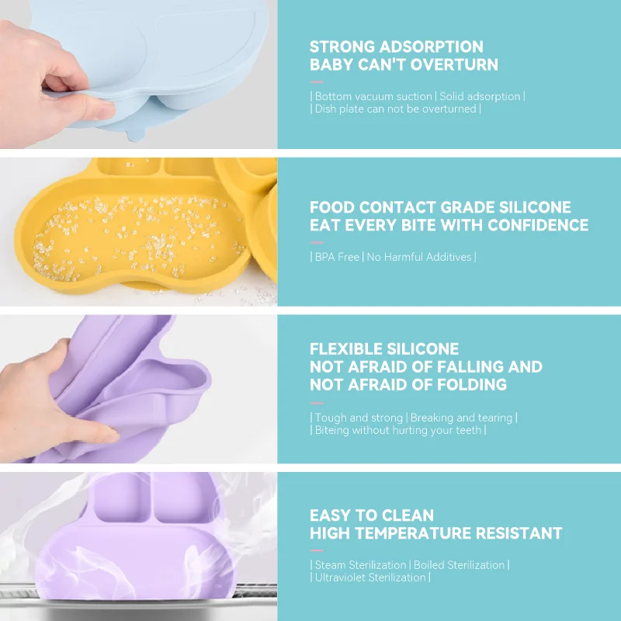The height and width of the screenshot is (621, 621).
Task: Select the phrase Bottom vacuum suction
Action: tap(373, 96)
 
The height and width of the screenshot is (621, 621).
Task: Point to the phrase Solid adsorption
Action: tap(480, 96)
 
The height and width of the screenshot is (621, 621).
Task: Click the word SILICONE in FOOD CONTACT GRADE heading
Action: tap(533, 207)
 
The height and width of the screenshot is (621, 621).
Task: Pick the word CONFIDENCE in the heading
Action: tap(538, 226)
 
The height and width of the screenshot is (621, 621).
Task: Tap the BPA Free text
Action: tap(337, 257)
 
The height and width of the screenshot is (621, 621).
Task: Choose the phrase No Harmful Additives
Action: tap(419, 257)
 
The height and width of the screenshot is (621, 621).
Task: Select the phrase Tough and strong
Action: tap(359, 418)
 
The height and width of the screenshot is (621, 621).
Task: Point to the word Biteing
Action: tap(331, 430)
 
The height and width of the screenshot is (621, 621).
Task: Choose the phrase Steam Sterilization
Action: tap(360, 565)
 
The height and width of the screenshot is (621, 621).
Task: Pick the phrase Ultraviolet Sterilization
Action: tap(369, 578)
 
